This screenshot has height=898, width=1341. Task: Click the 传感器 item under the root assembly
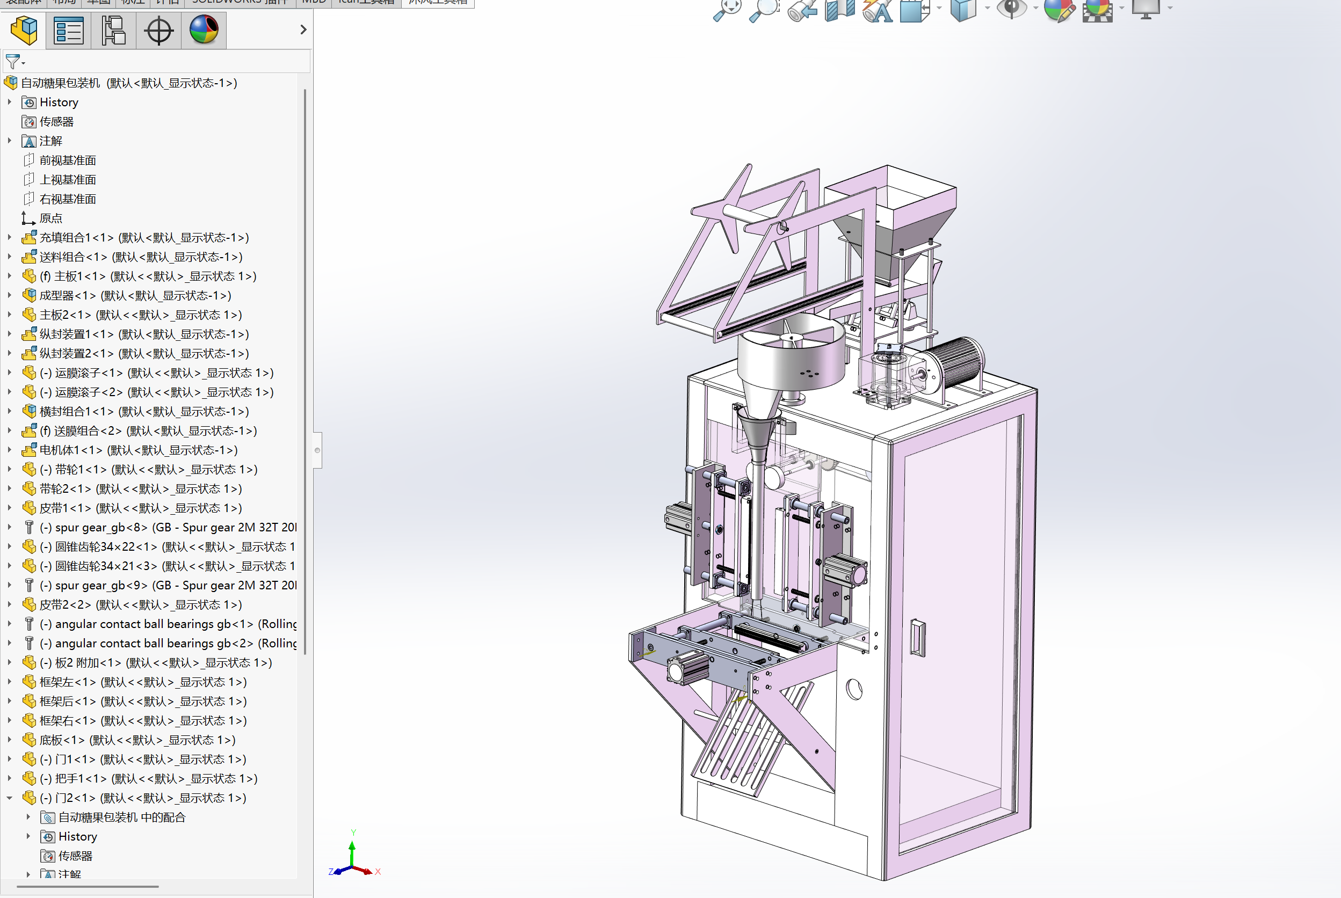tap(56, 121)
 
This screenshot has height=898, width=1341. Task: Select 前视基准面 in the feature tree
tap(67, 160)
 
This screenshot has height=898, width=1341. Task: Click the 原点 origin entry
tap(50, 218)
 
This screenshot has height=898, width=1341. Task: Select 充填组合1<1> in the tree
tap(76, 238)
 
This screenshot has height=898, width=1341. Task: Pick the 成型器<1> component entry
tap(67, 296)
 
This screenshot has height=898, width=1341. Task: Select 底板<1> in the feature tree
tap(61, 740)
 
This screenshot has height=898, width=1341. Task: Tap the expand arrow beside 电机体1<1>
tap(9, 450)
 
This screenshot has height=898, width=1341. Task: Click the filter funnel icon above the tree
tap(12, 61)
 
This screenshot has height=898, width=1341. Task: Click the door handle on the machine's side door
tap(917, 638)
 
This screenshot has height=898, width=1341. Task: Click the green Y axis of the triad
tap(352, 848)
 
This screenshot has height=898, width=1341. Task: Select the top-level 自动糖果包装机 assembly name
tap(60, 83)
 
